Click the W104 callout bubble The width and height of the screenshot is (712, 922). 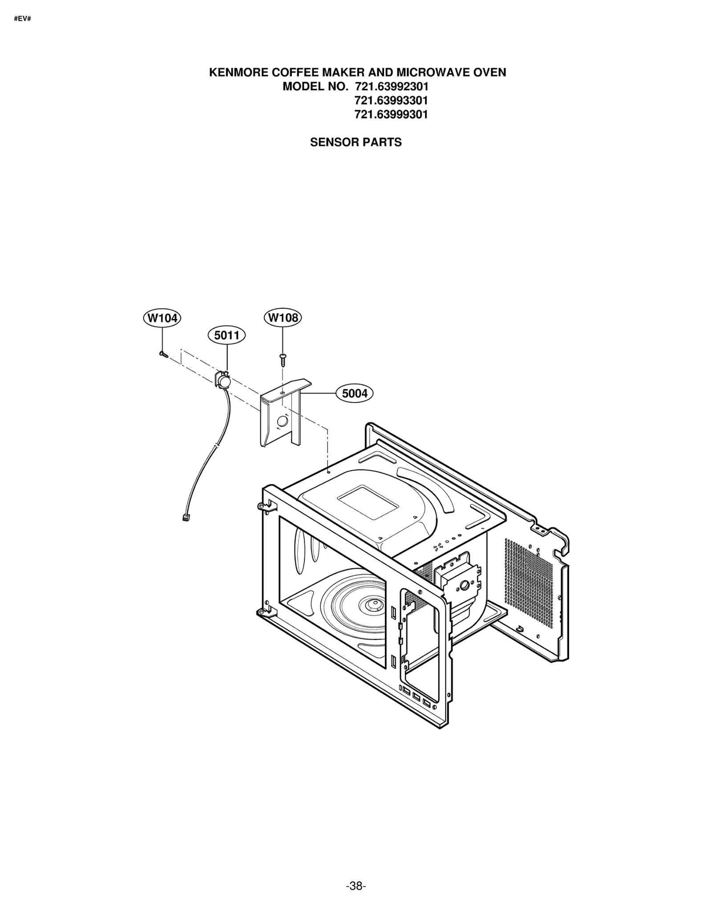[162, 318]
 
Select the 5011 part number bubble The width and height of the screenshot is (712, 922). [227, 335]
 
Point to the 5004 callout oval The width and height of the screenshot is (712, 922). [355, 393]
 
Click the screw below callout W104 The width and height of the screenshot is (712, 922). [163, 354]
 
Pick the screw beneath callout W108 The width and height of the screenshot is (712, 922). [283, 357]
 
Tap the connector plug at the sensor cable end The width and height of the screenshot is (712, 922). [186, 517]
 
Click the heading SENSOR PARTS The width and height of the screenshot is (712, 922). [356, 142]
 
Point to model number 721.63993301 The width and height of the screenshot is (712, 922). [391, 101]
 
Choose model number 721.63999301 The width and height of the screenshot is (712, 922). [391, 114]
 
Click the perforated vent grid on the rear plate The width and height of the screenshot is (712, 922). [529, 583]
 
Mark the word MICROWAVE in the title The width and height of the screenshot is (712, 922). [430, 72]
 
